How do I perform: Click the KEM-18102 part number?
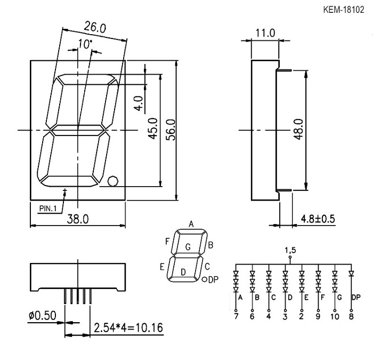[344, 10]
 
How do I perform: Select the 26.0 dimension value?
[95, 27]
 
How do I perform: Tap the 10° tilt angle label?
[85, 44]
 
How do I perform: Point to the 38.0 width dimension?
[78, 219]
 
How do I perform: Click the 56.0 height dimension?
[172, 130]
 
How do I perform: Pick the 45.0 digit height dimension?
[153, 129]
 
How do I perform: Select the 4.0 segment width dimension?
[139, 103]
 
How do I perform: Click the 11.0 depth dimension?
[265, 33]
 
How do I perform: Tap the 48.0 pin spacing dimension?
[298, 129]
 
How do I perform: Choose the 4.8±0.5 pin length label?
[318, 219]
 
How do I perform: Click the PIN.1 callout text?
[48, 209]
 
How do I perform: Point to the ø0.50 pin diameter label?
[42, 316]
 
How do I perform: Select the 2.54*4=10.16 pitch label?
[128, 328]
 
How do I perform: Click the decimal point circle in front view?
[113, 181]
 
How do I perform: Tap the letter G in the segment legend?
[188, 247]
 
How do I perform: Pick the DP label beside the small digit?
[213, 279]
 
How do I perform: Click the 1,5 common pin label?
[290, 250]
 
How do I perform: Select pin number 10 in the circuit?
[335, 317]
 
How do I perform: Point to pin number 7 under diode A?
[236, 317]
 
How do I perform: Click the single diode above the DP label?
[351, 273]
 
